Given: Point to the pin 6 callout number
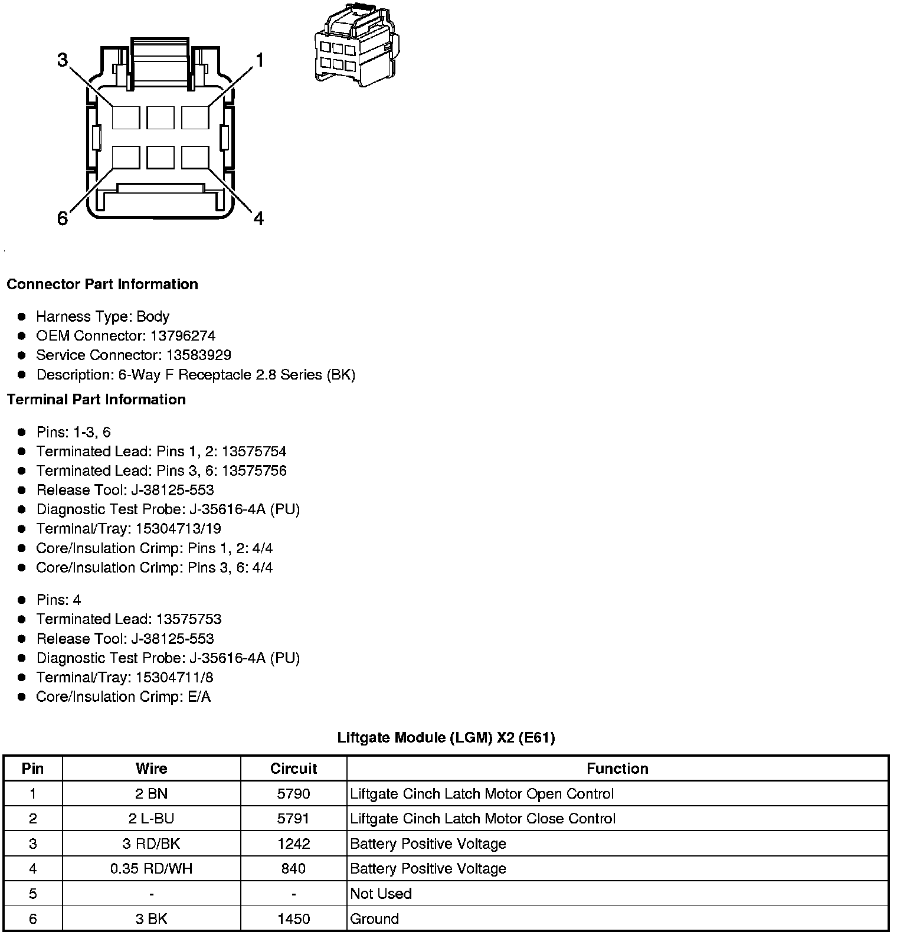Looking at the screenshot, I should [63, 219].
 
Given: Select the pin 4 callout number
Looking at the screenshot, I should [259, 219].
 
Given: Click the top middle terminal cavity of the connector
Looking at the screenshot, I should [161, 117].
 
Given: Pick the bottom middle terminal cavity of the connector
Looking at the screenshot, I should [161, 158].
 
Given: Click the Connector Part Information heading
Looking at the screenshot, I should [102, 284].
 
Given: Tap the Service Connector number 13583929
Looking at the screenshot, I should [198, 355].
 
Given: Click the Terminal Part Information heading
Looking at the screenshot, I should [96, 400].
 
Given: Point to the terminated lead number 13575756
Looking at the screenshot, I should [254, 470].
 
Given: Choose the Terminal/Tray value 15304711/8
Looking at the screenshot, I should [174, 677].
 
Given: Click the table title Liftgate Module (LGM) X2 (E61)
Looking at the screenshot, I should [446, 737].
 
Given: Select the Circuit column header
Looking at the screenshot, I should [293, 769].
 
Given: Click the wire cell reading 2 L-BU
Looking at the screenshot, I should [151, 819].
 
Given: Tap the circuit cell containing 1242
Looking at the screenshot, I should [293, 844].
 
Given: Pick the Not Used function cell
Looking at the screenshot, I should [381, 894].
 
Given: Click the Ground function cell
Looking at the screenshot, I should [375, 918].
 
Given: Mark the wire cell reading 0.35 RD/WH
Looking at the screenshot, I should [151, 868].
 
